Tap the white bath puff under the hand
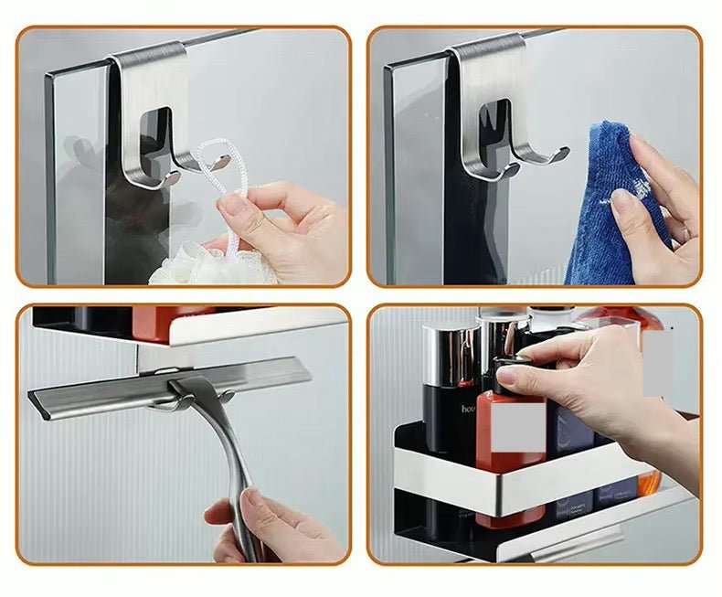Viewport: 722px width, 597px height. [x=187, y=265]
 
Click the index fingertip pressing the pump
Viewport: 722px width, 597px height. [x=506, y=375]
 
